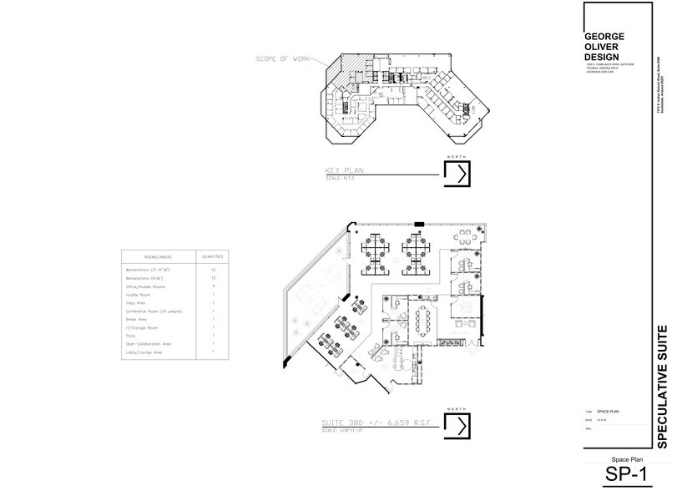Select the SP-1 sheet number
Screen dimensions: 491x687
pyautogui.click(x=626, y=474)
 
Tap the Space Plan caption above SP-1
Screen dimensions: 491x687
pyautogui.click(x=625, y=459)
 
